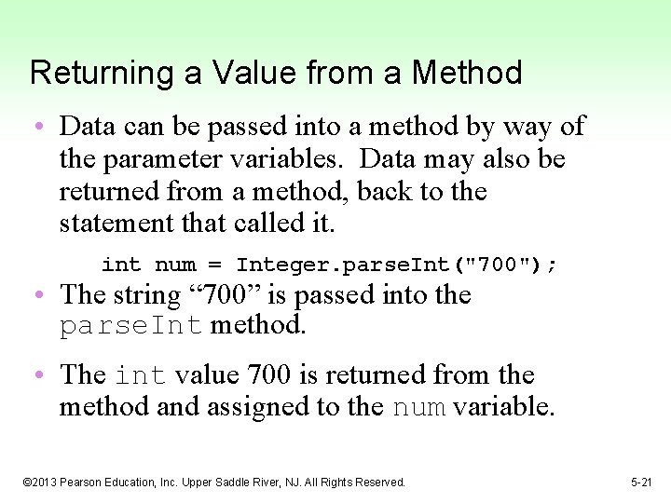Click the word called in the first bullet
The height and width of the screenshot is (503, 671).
(x=270, y=224)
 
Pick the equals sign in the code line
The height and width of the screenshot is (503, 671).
(x=215, y=265)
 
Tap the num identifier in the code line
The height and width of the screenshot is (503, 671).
(x=175, y=265)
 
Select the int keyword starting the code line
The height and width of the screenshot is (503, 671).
(x=120, y=265)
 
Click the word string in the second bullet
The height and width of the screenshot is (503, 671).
(x=144, y=295)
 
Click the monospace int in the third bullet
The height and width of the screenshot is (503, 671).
(x=142, y=375)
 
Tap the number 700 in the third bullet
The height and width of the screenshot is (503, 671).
(x=268, y=374)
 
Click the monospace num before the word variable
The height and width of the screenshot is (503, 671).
(x=419, y=407)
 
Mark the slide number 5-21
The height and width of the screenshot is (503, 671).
(x=642, y=483)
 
